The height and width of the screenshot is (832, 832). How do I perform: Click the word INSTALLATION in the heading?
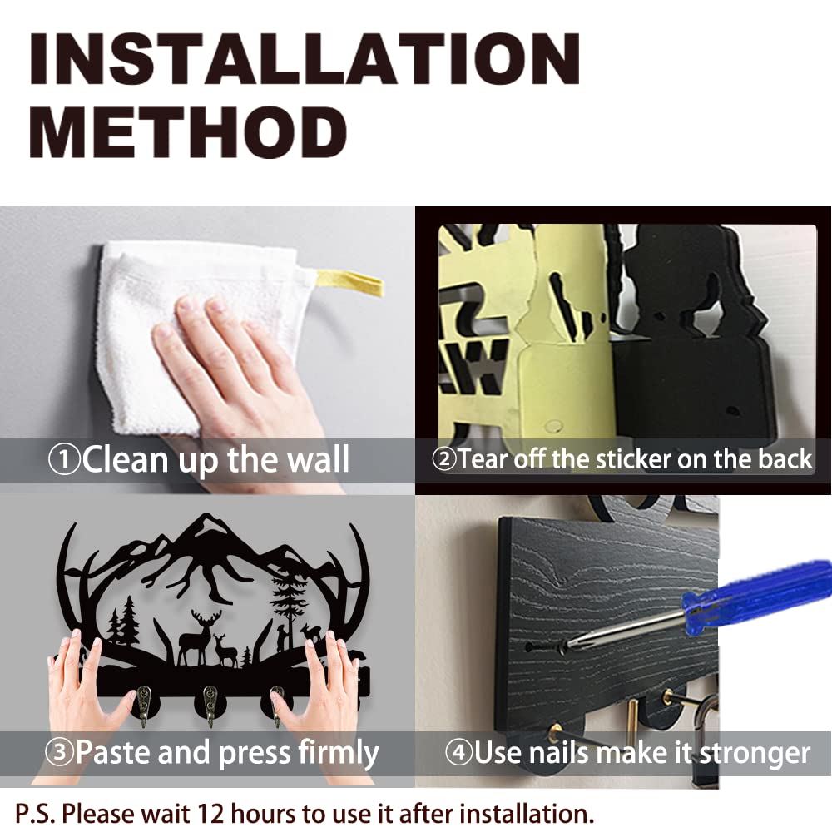pos(305,58)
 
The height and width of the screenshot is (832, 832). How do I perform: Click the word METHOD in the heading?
pos(188,131)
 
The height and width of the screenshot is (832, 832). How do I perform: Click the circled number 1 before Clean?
pos(64,459)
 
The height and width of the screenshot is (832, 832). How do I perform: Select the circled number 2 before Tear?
pos(444,459)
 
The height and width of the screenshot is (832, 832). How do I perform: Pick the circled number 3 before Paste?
pos(59,752)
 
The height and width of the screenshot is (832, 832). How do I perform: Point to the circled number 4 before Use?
pos(458,752)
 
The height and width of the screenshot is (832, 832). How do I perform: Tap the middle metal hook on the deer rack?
pos(210,704)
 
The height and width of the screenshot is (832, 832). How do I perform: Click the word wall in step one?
pos(318,459)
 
